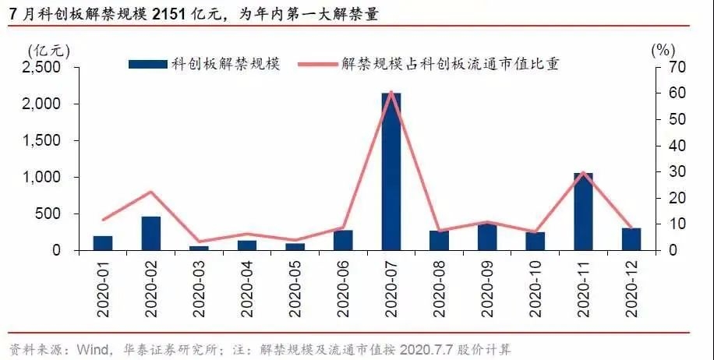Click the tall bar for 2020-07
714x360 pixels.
pos(391,171)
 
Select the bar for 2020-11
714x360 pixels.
pos(583,211)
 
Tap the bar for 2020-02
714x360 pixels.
pos(151,233)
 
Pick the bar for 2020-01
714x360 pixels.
pos(103,242)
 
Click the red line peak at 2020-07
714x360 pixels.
pos(391,92)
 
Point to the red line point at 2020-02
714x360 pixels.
pos(151,192)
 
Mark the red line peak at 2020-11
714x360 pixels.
pos(583,172)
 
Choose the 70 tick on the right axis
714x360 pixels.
pos(676,67)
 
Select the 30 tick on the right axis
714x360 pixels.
pos(676,171)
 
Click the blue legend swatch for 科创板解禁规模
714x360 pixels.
pos(148,63)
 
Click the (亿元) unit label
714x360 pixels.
pos(48,49)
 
